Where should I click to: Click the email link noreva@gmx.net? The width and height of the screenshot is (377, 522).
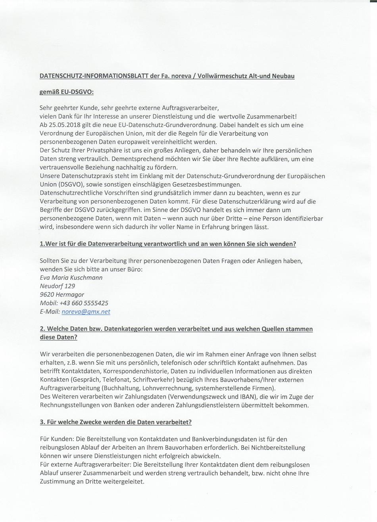click(86, 312)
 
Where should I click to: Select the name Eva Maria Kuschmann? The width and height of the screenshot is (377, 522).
click(71, 278)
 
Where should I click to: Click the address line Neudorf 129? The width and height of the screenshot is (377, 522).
click(57, 286)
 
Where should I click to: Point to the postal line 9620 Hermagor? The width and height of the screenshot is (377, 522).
click(62, 295)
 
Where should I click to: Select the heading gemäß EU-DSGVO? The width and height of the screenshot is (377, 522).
click(67, 92)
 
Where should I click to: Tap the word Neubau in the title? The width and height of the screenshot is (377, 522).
click(283, 76)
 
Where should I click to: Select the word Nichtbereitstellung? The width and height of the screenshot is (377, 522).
click(272, 448)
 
